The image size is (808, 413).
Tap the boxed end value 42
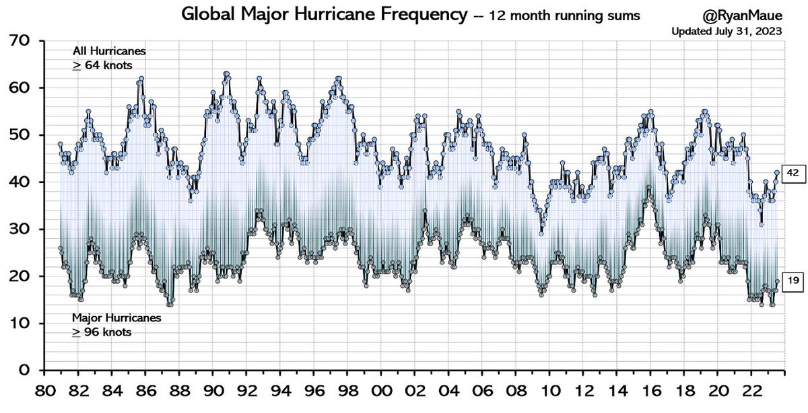793,173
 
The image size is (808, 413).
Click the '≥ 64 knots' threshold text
103,65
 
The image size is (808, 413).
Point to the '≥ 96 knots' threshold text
103,332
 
